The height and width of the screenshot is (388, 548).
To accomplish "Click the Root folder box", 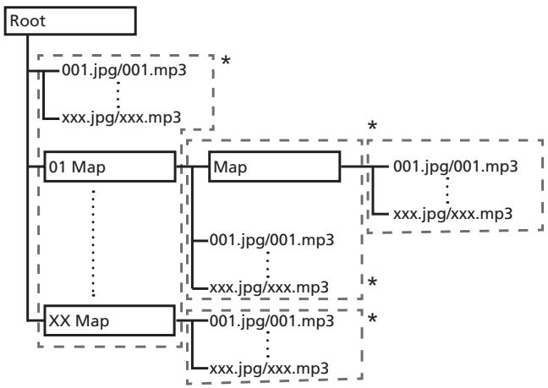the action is [x=70, y=21].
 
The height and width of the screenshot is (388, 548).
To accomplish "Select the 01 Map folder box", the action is [x=110, y=167].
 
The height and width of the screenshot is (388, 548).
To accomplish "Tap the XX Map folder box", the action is [x=109, y=320].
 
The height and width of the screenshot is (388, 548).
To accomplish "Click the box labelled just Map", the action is [x=274, y=167].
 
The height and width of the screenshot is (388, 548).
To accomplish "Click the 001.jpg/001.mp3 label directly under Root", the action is [x=124, y=70].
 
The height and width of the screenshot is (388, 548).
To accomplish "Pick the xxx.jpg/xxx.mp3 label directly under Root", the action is [x=121, y=117].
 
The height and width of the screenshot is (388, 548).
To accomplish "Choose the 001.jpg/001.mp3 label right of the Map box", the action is [x=455, y=167].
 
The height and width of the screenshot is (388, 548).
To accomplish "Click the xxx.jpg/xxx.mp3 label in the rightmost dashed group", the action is [x=452, y=214].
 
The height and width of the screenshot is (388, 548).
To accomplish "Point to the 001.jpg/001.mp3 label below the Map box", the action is [x=272, y=240].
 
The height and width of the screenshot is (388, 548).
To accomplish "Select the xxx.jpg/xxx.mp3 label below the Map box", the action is [x=269, y=287].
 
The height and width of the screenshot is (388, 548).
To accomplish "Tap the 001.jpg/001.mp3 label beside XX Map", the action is [x=272, y=320].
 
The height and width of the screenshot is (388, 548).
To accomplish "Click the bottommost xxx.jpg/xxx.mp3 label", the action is [x=269, y=369].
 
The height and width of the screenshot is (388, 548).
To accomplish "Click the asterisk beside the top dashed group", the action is [x=226, y=61].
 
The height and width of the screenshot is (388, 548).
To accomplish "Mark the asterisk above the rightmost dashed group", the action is [x=373, y=125].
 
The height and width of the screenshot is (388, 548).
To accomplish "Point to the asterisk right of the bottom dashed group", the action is [x=373, y=318].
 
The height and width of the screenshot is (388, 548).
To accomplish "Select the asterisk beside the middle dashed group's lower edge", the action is [x=373, y=281].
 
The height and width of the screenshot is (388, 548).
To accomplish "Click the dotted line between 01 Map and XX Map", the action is [x=93, y=243].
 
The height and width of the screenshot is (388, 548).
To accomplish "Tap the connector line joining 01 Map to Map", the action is [x=192, y=167].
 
